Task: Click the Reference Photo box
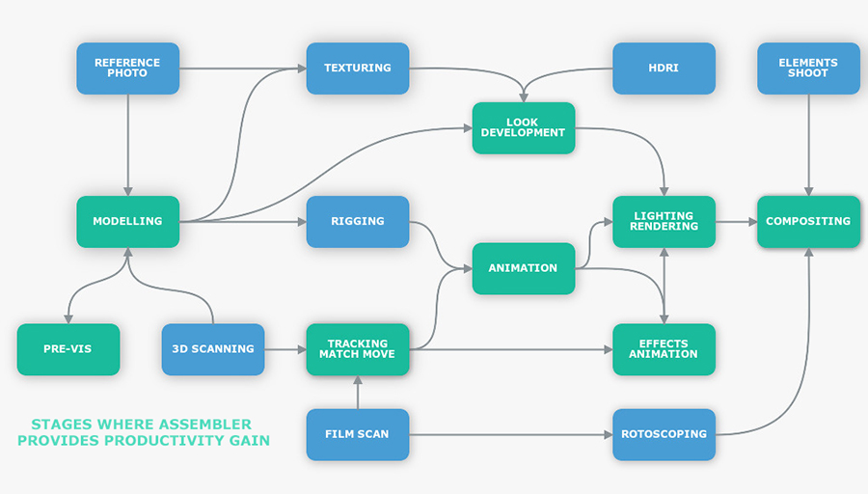[127, 68]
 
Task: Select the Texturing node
[357, 68]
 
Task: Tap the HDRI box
[664, 68]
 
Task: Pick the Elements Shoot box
[808, 68]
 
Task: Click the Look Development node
[523, 127]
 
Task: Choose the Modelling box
[127, 221]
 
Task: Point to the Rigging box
[357, 221]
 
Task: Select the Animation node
[523, 268]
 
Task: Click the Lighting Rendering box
[664, 221]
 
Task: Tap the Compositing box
[808, 221]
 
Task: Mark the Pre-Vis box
[68, 348]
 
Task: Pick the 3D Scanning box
[212, 348]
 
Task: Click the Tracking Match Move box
[357, 348]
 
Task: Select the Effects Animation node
[664, 348]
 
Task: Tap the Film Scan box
[357, 434]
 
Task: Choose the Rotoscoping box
[664, 434]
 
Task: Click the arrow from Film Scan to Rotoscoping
[511, 434]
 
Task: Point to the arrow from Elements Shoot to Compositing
[808, 145]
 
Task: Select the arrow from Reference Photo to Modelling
[127, 145]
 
